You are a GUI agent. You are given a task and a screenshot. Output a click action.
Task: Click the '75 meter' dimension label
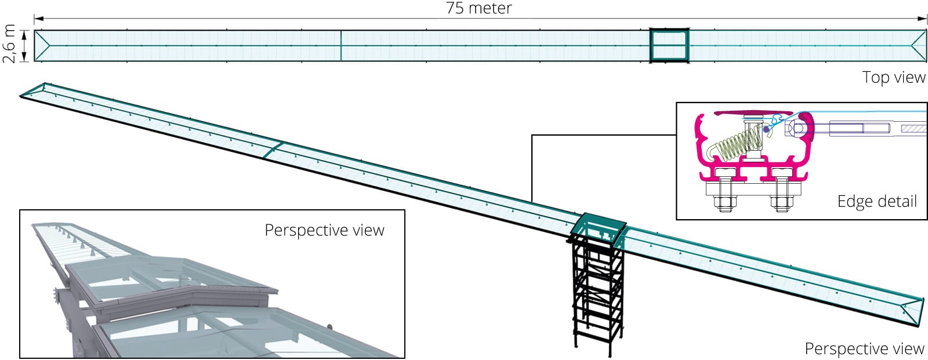(478, 8)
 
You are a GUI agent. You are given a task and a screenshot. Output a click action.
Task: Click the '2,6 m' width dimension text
(9, 43)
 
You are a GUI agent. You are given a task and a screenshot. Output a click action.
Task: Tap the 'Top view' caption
(893, 77)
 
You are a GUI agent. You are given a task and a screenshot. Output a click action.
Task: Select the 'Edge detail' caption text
(877, 201)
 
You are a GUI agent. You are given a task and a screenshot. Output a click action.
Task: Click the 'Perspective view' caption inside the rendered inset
(324, 230)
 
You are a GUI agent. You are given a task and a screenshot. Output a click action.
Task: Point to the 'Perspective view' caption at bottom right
(864, 348)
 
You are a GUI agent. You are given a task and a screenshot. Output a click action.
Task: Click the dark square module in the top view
(669, 45)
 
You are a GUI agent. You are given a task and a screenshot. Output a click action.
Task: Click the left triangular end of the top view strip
(42, 45)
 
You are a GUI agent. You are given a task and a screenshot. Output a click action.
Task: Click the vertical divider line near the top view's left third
(340, 45)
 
